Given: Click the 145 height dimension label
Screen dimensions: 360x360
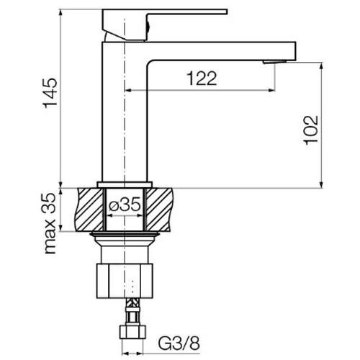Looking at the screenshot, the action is [50, 93].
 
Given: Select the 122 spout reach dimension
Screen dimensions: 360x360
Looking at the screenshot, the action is [202, 78].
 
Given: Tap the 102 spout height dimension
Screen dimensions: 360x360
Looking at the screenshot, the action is [311, 130].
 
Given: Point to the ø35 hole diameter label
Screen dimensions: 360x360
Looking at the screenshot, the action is [125, 205].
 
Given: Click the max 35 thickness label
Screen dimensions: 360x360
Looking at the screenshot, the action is [50, 223].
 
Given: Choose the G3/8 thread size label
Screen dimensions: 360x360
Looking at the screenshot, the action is [179, 343].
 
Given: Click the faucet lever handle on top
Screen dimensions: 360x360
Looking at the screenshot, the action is [165, 24].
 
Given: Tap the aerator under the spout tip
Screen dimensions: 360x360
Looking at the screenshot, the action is [274, 62].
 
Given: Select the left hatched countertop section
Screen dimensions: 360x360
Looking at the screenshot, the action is [90, 210].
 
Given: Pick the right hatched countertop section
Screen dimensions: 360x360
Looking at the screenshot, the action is [158, 210].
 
